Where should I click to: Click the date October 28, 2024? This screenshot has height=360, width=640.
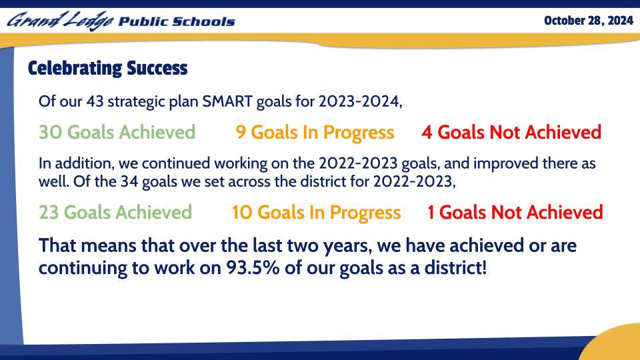point(588,21)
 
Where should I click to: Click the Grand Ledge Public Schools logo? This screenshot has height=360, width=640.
point(121,21)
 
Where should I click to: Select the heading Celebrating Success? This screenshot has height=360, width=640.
point(107,69)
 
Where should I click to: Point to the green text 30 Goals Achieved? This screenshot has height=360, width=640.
point(117,133)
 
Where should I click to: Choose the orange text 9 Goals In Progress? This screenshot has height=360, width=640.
point(315,133)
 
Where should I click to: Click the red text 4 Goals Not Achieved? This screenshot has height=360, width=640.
point(511,133)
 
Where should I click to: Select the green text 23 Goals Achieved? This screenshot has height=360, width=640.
point(115,213)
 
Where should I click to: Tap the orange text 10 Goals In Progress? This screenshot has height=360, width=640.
point(316,213)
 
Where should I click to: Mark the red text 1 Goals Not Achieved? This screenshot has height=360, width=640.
point(515,213)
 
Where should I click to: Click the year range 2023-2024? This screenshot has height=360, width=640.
point(360,102)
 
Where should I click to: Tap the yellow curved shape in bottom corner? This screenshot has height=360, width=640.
point(613,343)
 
